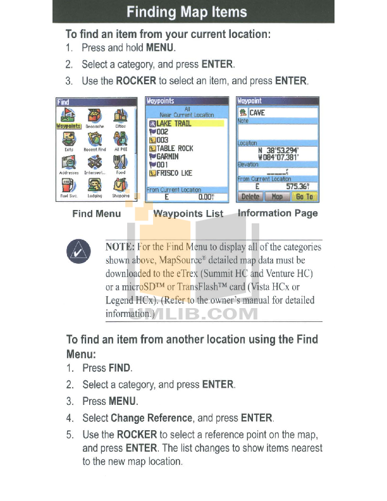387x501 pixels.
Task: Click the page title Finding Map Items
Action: (x=193, y=12)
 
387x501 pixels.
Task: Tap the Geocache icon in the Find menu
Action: (x=95, y=118)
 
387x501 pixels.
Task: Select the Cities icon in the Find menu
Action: (x=120, y=118)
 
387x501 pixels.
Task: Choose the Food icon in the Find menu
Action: (x=120, y=164)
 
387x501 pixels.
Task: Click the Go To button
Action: (x=304, y=197)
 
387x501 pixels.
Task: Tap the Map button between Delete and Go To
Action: (x=277, y=197)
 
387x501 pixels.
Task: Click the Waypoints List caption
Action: (x=188, y=214)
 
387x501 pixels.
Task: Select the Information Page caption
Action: (x=278, y=213)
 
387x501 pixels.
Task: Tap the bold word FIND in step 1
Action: (x=120, y=368)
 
